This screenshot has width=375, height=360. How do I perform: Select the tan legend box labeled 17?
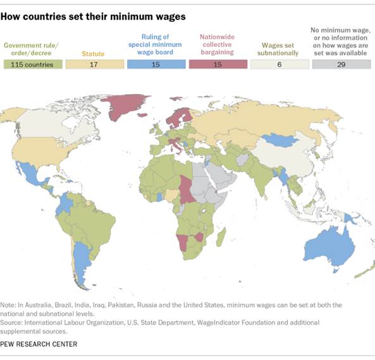93,64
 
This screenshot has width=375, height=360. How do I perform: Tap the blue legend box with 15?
155,64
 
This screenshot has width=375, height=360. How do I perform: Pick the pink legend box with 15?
217,64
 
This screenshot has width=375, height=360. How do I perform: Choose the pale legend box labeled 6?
279,64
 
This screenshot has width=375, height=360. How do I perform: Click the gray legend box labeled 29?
340,64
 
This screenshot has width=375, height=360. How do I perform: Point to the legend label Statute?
93,53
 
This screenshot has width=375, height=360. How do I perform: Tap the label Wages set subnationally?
279,49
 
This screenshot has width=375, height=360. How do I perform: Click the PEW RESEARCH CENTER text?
40,344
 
